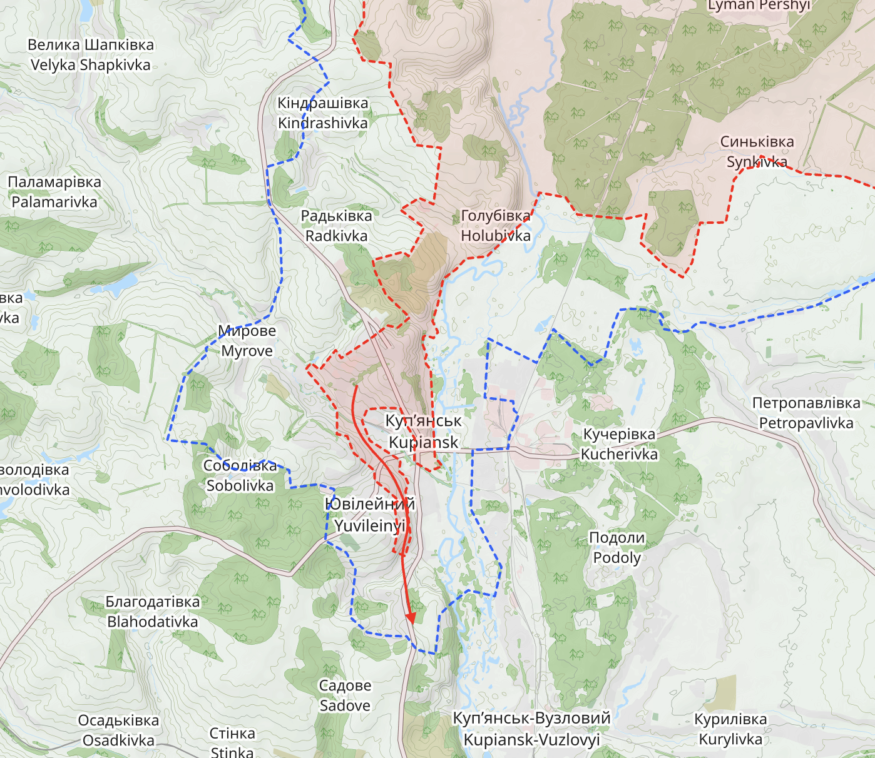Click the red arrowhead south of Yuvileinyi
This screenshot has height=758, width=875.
pyautogui.click(x=411, y=617)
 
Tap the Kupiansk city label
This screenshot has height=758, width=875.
pyautogui.click(x=424, y=432)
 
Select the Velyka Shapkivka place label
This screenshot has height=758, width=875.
pyautogui.click(x=91, y=55)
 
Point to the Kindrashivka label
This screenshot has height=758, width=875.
pyautogui.click(x=323, y=113)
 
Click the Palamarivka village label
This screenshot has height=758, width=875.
pyautogui.click(x=54, y=192)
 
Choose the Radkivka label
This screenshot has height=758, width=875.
pyautogui.click(x=337, y=226)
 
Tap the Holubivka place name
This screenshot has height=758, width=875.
pyautogui.click(x=496, y=226)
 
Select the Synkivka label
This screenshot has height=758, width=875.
pyautogui.click(x=757, y=152)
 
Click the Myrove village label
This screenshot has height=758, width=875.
pyautogui.click(x=247, y=341)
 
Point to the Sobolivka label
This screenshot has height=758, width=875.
pyautogui.click(x=240, y=475)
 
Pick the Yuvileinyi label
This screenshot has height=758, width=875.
pyautogui.click(x=369, y=515)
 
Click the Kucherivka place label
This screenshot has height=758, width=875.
pyautogui.click(x=619, y=444)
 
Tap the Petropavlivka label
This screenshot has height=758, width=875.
pyautogui.click(x=806, y=413)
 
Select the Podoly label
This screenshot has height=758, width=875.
pyautogui.click(x=617, y=547)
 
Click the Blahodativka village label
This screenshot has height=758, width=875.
pyautogui.click(x=153, y=612)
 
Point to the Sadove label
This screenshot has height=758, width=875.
pyautogui.click(x=345, y=695)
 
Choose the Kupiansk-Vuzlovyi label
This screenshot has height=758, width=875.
pyautogui.click(x=532, y=729)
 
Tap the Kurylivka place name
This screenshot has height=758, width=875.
pyautogui.click(x=730, y=729)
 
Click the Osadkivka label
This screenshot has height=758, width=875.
pyautogui.click(x=118, y=730)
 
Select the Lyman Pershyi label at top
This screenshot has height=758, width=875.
pyautogui.click(x=759, y=6)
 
